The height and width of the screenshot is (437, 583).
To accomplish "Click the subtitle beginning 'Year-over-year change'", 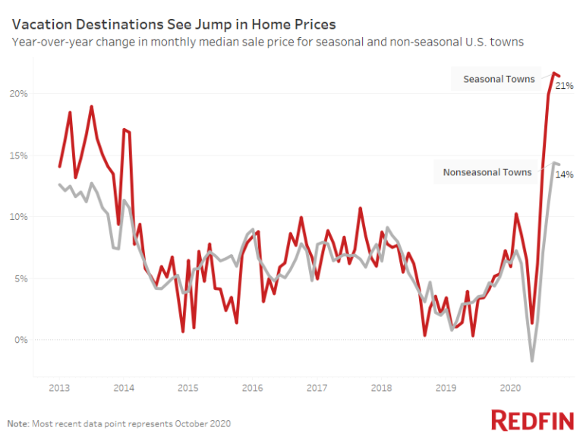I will [267, 42].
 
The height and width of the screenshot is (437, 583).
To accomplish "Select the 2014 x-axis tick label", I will [124, 388].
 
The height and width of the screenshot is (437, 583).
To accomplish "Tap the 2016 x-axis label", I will [252, 388].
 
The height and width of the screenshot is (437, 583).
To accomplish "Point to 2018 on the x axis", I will [381, 388].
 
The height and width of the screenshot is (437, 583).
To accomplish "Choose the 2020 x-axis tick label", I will [510, 388].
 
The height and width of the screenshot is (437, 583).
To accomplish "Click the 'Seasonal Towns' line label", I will [499, 79].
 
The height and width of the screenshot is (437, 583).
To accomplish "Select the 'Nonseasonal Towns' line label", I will [487, 172].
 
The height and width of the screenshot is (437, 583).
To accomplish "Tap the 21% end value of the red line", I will [564, 86].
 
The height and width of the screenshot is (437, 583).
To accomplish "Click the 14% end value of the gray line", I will [564, 174].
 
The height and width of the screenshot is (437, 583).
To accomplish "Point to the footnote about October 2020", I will [118, 423].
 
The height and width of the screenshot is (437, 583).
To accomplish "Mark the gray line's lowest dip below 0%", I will [532, 360].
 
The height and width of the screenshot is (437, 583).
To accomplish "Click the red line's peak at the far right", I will [554, 73].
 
